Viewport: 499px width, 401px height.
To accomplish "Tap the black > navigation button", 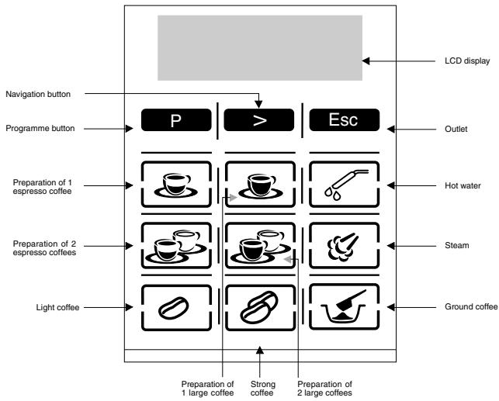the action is pyautogui.click(x=259, y=120).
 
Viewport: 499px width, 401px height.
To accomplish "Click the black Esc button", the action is pyautogui.click(x=345, y=120).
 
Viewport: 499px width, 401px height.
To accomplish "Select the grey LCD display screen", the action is pyautogui.click(x=260, y=47).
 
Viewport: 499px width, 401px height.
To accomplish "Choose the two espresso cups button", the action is pyautogui.click(x=176, y=246).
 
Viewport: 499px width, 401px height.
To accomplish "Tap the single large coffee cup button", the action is pyautogui.click(x=260, y=185).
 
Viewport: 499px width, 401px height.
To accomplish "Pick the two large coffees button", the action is pyautogui.click(x=260, y=246).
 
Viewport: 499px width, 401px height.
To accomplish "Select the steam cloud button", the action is pyautogui.click(x=345, y=246).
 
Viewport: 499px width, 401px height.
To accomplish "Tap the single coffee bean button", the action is pyautogui.click(x=176, y=307).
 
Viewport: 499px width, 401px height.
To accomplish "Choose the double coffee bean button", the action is pyautogui.click(x=260, y=307).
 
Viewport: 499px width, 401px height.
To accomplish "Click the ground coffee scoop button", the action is pyautogui.click(x=345, y=307).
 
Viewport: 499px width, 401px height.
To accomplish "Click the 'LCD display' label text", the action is pyautogui.click(x=467, y=60).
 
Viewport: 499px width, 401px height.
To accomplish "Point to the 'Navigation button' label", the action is pyautogui.click(x=38, y=94).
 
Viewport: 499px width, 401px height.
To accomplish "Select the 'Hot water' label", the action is pyautogui.click(x=463, y=185).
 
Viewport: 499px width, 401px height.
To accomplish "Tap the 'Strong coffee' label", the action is pyautogui.click(x=262, y=389).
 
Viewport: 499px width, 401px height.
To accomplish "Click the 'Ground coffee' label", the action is pyautogui.click(x=471, y=307).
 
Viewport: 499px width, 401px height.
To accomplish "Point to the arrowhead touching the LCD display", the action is pyautogui.click(x=366, y=60).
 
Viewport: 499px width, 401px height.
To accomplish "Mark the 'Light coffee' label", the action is pyautogui.click(x=57, y=307).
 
